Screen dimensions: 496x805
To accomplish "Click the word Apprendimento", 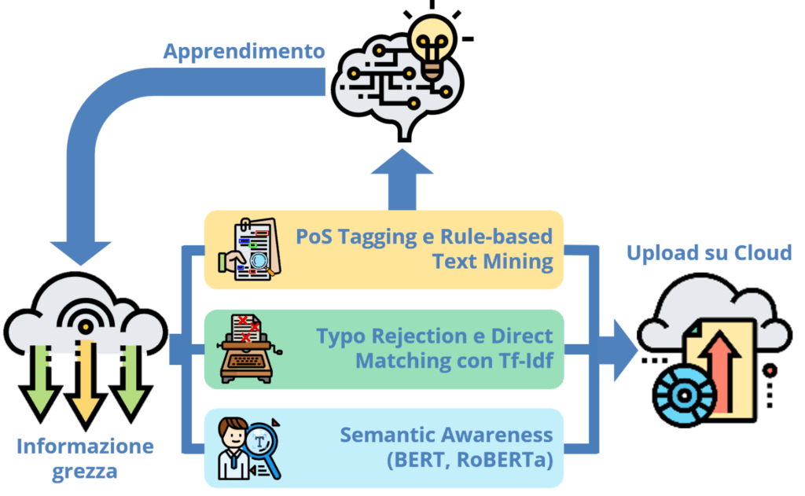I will tap(244, 53).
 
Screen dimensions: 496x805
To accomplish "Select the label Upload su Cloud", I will tap(708, 254).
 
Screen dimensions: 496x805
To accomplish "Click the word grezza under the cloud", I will tap(85, 472).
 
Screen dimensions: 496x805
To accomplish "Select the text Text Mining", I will tap(493, 262).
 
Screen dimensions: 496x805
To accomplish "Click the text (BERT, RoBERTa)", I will tap(469, 461).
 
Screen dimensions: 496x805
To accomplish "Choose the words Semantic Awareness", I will tap(447, 435).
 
